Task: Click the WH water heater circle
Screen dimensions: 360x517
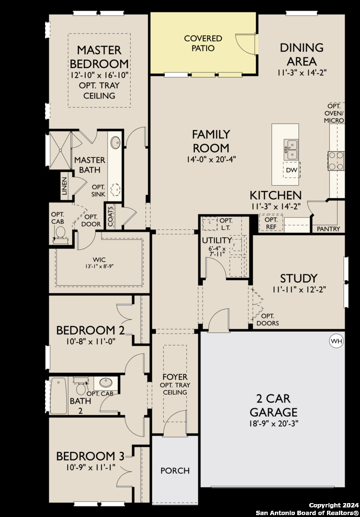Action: [337, 341]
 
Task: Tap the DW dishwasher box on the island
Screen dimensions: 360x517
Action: [291, 170]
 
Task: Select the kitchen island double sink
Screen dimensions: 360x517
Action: [291, 149]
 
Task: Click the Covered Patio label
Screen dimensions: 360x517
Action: [203, 43]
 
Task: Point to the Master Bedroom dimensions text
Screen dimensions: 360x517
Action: [99, 75]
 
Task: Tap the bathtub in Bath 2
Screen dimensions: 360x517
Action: [59, 396]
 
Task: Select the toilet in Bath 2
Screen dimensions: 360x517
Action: [80, 386]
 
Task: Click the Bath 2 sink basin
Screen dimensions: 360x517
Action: [106, 383]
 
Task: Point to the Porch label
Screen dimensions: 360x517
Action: [175, 471]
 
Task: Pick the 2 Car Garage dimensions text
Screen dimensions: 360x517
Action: [274, 423]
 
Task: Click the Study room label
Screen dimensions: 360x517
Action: [299, 278]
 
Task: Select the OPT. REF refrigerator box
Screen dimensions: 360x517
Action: [271, 223]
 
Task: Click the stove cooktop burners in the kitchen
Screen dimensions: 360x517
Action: [336, 160]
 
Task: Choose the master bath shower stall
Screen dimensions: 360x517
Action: [60, 151]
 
